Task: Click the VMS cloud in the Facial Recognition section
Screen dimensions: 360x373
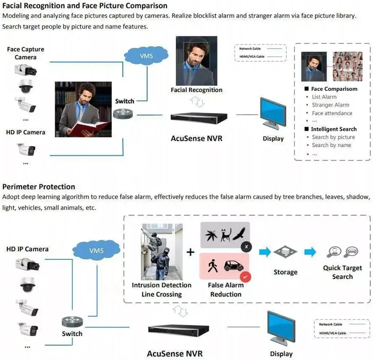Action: [x=146, y=56]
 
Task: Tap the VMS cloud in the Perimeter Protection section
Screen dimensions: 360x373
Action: [x=96, y=251]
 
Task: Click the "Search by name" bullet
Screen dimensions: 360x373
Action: [x=331, y=145]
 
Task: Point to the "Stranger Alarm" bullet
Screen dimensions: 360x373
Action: [x=330, y=105]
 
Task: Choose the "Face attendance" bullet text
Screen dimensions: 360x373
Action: [x=332, y=113]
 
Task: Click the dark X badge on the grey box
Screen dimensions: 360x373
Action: [x=246, y=247]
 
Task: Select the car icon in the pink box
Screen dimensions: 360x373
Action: [x=233, y=266]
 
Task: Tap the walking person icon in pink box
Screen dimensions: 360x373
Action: [x=212, y=266]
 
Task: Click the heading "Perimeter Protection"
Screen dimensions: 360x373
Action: [x=39, y=187]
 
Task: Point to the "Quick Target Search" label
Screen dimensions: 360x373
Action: [x=342, y=272]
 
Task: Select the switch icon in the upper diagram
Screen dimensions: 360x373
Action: [x=123, y=114]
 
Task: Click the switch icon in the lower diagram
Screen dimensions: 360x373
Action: [x=72, y=321]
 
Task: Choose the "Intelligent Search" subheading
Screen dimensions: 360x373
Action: [x=333, y=129]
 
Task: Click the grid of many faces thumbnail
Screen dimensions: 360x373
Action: [x=348, y=66]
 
